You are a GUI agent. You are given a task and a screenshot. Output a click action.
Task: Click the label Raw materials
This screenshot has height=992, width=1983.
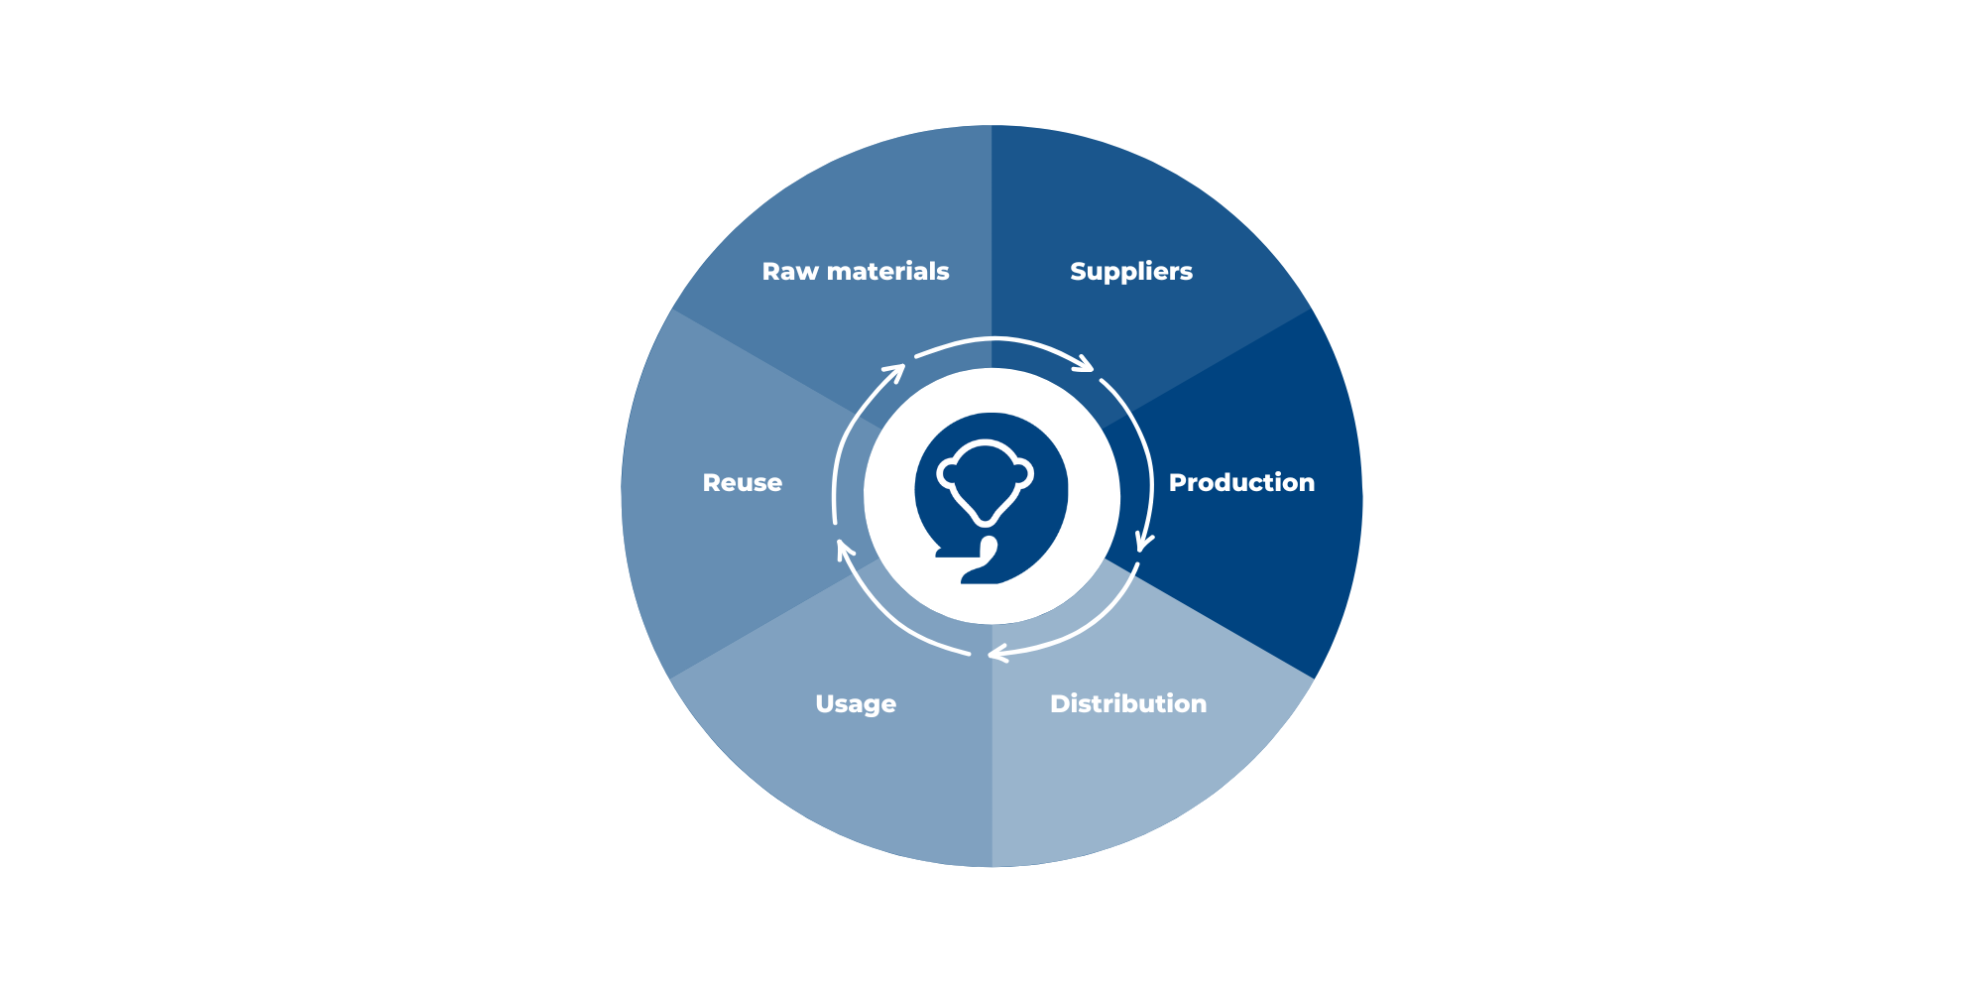coord(855,271)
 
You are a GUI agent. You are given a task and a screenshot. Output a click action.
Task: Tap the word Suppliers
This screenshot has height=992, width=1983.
coord(1131,271)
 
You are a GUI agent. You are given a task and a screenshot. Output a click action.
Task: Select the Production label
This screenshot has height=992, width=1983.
coord(1241,482)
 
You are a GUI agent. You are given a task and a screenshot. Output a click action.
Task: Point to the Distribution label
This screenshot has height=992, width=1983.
coord(1128,703)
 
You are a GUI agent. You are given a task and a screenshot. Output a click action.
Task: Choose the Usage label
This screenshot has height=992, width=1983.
coord(855,703)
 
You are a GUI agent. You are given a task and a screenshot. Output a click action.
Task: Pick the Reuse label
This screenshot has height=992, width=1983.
coord(742,482)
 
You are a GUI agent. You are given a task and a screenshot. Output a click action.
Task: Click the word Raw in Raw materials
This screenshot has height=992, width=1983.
coord(789,271)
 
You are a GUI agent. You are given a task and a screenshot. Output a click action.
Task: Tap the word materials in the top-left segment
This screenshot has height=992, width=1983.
coord(887,271)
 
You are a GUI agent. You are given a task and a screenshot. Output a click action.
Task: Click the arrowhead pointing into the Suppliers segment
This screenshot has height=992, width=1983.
coord(1086,365)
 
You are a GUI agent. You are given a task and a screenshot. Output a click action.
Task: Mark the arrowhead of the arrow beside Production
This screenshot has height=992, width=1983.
coord(1144,543)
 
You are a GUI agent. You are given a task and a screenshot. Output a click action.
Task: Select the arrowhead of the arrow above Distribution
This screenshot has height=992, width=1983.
coord(996,653)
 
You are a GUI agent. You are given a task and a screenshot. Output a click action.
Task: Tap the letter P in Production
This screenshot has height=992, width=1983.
coord(1178,482)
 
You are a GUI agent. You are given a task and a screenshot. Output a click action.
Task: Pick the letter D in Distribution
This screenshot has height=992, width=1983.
coord(1060,703)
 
